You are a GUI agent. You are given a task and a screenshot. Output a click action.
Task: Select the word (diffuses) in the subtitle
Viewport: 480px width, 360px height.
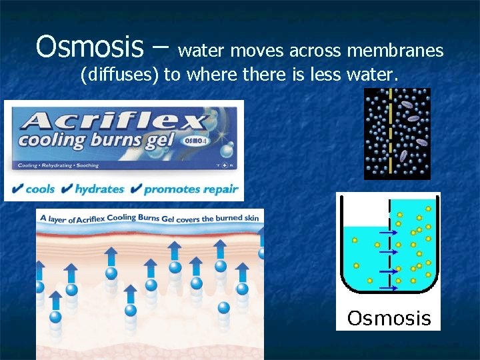coord(120,75)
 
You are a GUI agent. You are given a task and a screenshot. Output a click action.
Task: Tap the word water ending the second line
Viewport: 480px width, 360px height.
coord(373,75)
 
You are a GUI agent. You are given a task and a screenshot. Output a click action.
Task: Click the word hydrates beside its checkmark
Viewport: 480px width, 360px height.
coord(99,189)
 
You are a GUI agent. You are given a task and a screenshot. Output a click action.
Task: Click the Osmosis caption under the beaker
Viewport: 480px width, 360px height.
coord(389,318)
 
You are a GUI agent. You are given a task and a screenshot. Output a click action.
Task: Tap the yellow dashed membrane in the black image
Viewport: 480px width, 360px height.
coord(389,133)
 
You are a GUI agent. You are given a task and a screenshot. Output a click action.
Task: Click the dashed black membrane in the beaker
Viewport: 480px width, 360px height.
coord(389,260)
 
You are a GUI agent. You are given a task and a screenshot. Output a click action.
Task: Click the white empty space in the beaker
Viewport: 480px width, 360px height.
coord(363,212)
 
